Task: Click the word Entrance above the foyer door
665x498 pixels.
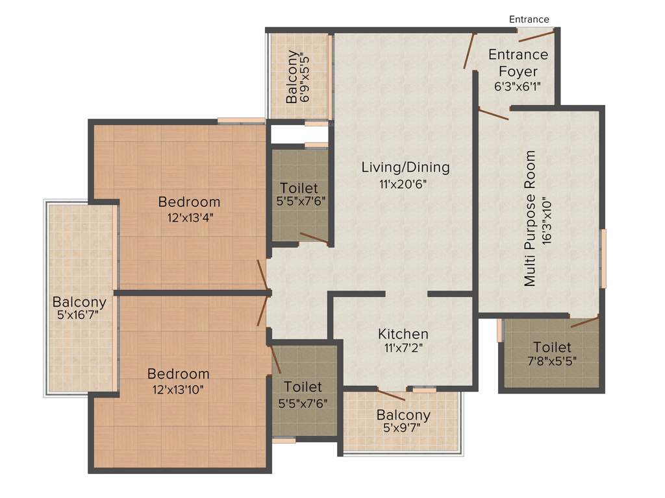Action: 529,19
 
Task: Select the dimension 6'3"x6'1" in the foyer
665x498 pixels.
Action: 518,85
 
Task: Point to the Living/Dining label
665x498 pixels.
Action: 405,167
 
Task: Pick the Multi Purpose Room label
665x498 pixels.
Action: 531,219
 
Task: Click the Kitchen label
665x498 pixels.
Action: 403,334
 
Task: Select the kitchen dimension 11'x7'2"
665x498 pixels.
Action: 403,348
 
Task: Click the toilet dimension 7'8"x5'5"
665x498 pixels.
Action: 552,362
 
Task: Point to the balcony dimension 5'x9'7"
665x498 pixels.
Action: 403,428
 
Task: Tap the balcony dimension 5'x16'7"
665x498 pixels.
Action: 79,316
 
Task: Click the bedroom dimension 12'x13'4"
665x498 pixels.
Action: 189,217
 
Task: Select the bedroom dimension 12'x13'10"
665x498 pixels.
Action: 179,389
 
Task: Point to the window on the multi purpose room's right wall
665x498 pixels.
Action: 603,258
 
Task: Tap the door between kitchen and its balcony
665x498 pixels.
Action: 391,395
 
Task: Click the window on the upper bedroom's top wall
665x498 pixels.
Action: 241,120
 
